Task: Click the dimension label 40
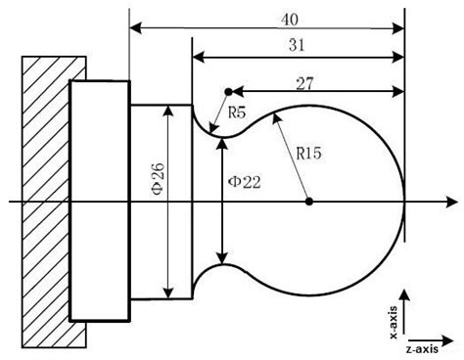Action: point(290,20)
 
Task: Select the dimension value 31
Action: point(297,45)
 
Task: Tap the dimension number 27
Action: point(304,84)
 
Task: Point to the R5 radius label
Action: point(237,112)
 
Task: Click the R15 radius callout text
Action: point(308,154)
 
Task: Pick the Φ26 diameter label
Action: point(159,179)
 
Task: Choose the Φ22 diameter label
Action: point(245,182)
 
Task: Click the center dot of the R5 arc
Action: point(228,92)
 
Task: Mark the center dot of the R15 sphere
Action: point(309,202)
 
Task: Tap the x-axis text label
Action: point(394,323)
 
